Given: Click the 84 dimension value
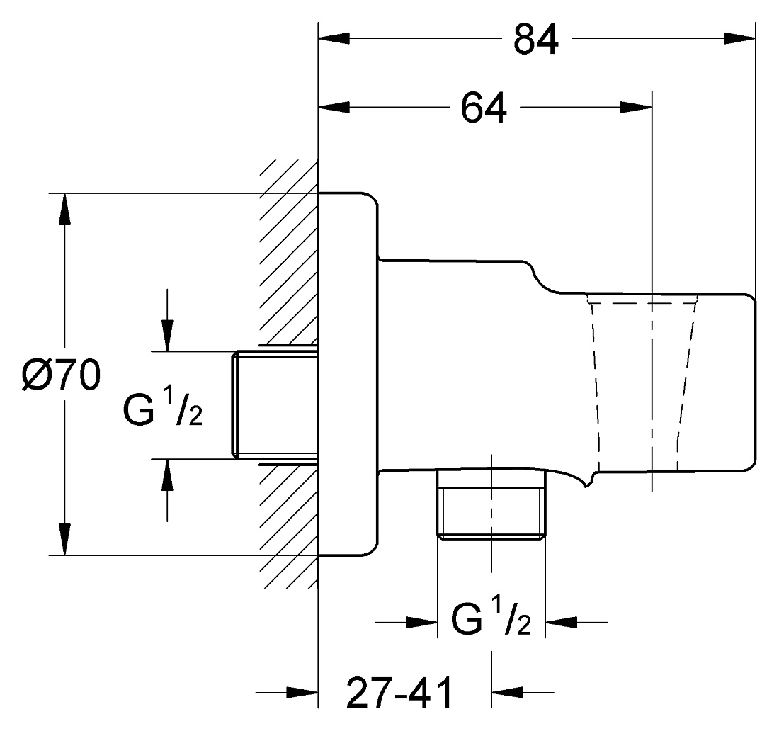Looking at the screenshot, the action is point(535,39).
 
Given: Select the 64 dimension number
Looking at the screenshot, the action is point(484,108).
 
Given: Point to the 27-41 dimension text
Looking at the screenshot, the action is point(399,692).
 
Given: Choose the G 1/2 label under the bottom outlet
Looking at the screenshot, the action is point(491,616).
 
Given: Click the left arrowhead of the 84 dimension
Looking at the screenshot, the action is point(334,38).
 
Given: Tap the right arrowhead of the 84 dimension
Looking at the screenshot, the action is point(740,38).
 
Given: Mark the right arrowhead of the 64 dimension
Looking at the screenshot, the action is point(637,107).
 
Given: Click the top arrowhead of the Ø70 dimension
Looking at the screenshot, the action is point(64,209).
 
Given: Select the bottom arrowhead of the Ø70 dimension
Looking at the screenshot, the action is point(64,538).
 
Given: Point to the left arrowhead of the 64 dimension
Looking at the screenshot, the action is point(334,107).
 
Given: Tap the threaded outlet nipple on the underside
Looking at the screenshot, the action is point(491,504).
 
